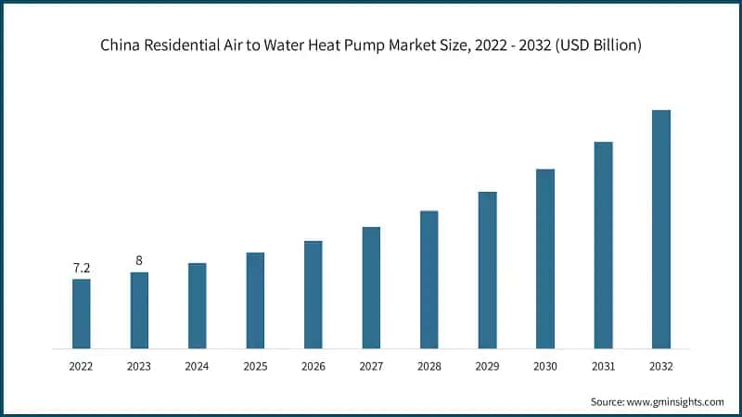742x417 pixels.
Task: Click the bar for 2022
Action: [82, 313]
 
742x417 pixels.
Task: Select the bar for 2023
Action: [139, 310]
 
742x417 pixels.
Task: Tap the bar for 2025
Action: [255, 300]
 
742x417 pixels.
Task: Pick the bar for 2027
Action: [371, 287]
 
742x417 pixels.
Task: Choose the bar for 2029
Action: [487, 270]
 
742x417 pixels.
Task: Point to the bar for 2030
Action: [545, 259]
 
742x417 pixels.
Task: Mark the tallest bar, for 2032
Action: [660, 229]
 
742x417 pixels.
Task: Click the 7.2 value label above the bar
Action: [82, 268]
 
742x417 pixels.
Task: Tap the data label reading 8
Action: [139, 260]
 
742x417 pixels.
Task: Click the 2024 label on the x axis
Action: [197, 366]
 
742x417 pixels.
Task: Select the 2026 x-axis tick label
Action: [313, 366]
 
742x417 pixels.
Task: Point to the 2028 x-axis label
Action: [429, 366]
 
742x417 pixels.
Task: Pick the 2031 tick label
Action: [603, 366]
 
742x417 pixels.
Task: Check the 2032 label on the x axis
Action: [660, 366]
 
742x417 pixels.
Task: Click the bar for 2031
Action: [603, 245]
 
